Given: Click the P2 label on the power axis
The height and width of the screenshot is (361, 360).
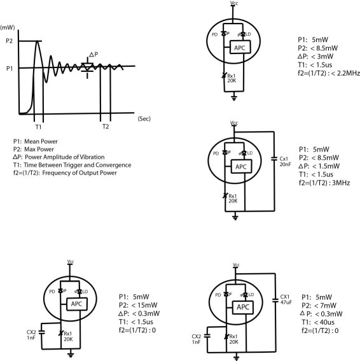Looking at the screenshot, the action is click(9, 41).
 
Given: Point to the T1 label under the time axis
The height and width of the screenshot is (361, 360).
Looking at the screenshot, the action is click(38, 127).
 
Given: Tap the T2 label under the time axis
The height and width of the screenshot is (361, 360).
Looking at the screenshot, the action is click(106, 127).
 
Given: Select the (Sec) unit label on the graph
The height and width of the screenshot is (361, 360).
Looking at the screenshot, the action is click(144, 119).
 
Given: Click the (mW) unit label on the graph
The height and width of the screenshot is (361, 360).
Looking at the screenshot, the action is click(8, 27).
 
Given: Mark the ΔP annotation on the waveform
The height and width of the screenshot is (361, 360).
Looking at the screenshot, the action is click(93, 54).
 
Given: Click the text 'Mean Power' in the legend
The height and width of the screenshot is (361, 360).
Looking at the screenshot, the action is click(41, 141).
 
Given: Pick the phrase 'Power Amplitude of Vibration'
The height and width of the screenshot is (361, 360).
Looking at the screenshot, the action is click(65, 157).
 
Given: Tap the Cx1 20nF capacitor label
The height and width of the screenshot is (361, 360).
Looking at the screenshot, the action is click(285, 161).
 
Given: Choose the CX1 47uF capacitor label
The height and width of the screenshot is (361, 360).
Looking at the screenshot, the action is click(286, 299).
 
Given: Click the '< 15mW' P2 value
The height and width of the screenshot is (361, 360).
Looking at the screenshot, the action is click(144, 305).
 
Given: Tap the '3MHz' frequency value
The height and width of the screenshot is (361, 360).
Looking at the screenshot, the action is click(341, 183).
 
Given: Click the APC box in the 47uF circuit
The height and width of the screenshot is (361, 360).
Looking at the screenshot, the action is click(243, 307).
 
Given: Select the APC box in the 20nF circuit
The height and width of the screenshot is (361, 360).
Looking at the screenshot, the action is click(241, 166).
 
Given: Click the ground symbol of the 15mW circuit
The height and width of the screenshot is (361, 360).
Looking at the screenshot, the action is click(71, 355).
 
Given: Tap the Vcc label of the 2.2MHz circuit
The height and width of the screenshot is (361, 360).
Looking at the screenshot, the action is click(234, 3).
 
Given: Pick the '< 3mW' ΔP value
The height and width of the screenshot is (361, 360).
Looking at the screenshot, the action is click(322, 57).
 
